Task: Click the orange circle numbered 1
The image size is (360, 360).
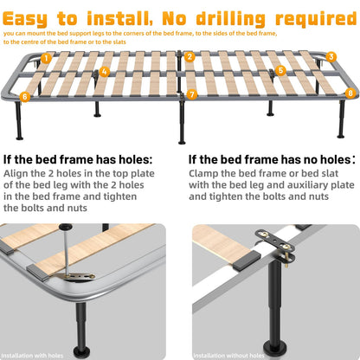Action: click(46, 59)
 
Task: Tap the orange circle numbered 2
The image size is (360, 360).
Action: click(190, 57)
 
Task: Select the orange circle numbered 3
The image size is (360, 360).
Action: click(331, 57)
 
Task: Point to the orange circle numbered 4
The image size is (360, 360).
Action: click(105, 72)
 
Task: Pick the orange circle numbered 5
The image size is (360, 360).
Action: click(280, 70)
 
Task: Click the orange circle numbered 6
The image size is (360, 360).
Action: click(25, 96)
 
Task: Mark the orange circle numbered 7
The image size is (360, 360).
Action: click(192, 94)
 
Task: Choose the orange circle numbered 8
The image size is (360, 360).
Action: click(350, 93)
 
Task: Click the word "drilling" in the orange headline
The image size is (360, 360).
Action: click(231, 19)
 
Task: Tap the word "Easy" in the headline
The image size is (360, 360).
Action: click(25, 20)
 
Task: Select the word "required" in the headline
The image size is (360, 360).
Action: click(316, 19)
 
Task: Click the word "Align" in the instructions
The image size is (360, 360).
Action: click(16, 174)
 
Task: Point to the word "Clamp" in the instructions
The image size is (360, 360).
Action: click(203, 174)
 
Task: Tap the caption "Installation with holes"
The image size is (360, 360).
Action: click(32, 356)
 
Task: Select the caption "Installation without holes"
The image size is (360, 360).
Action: click(228, 356)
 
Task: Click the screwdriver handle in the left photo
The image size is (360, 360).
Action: click(64, 227)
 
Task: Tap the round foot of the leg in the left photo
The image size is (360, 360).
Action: click(81, 350)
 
